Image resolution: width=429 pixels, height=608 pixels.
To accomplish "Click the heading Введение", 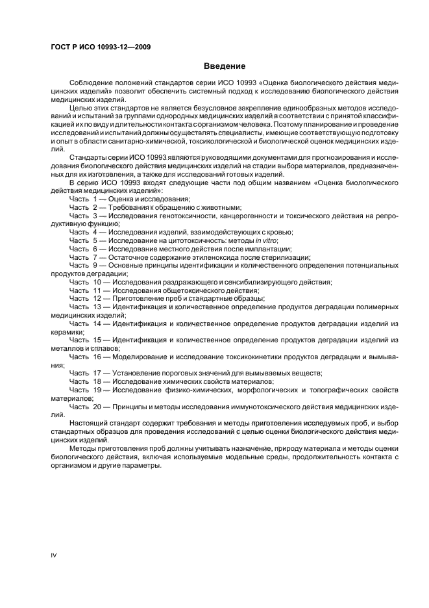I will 225,66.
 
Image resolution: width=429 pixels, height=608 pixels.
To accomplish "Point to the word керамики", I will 66,331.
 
